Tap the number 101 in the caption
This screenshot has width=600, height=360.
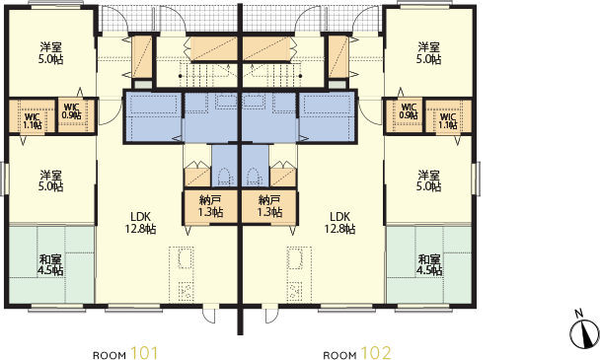point(144,353)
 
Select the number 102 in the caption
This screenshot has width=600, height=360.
point(377,353)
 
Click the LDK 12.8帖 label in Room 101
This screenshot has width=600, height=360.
point(140,223)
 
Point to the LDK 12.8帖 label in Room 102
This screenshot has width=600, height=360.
point(339,223)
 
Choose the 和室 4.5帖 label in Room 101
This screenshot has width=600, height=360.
point(50,264)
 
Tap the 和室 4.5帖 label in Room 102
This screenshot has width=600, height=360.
point(429,264)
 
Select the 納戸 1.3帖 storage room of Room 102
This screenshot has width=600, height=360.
point(270,206)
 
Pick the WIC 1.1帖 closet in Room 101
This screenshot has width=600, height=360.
point(33,116)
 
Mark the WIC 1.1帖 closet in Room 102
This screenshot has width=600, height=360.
point(448,116)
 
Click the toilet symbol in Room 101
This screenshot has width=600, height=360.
point(223,178)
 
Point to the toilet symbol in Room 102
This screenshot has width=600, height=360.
point(253,178)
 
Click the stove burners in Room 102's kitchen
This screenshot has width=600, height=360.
point(295,291)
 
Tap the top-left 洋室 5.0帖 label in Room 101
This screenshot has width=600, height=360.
point(50,53)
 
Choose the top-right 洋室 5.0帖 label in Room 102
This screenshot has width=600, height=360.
point(429,53)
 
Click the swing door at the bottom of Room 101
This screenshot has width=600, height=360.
point(209,315)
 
